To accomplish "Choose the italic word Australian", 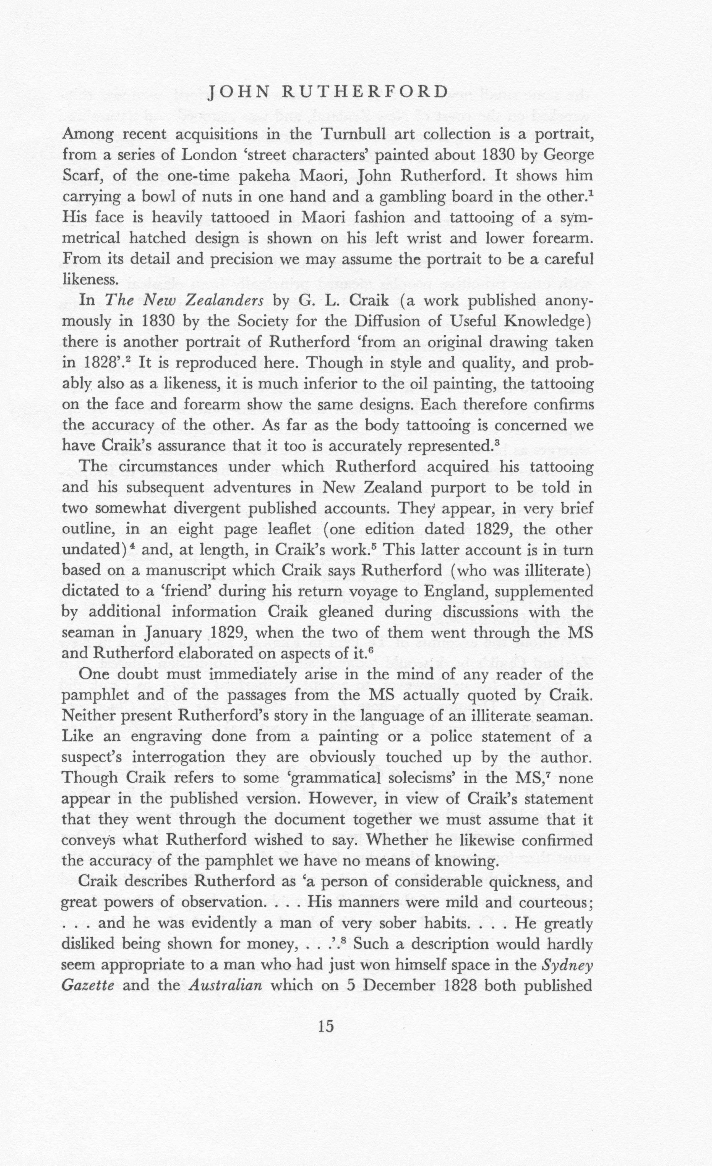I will pyautogui.click(x=225, y=986).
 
